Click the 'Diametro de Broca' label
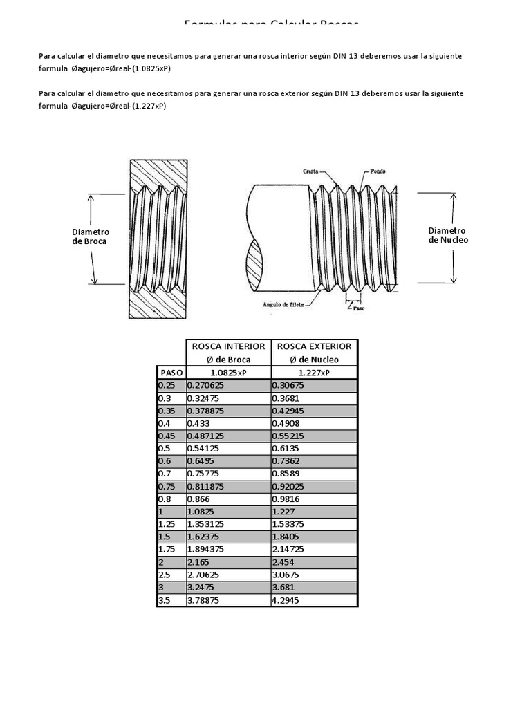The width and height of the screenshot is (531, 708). click(91, 236)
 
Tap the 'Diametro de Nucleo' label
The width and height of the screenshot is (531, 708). click(447, 235)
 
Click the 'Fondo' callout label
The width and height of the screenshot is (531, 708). click(378, 171)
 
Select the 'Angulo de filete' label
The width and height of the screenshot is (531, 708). click(286, 304)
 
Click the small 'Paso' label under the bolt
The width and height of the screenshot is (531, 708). click(358, 308)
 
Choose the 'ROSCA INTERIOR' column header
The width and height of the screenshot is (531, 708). click(228, 346)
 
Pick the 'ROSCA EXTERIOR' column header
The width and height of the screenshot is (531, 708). click(314, 346)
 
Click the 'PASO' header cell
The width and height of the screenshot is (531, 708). click(171, 373)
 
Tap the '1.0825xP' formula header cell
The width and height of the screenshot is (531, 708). click(228, 373)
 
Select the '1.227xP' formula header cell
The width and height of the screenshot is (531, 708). click(314, 373)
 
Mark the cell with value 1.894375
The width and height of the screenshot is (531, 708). click(210, 549)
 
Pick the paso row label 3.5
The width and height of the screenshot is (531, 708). click(165, 600)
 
